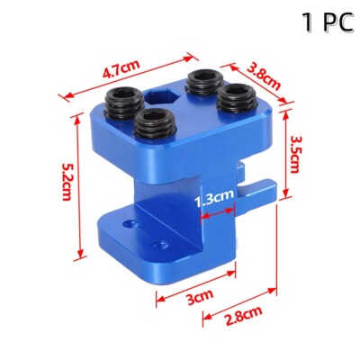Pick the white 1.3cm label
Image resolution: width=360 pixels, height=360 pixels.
point(215,193)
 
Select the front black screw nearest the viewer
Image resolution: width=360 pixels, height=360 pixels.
point(156,124)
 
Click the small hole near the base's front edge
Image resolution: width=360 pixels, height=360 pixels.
point(161,245)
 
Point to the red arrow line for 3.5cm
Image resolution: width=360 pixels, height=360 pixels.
point(283,152)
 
